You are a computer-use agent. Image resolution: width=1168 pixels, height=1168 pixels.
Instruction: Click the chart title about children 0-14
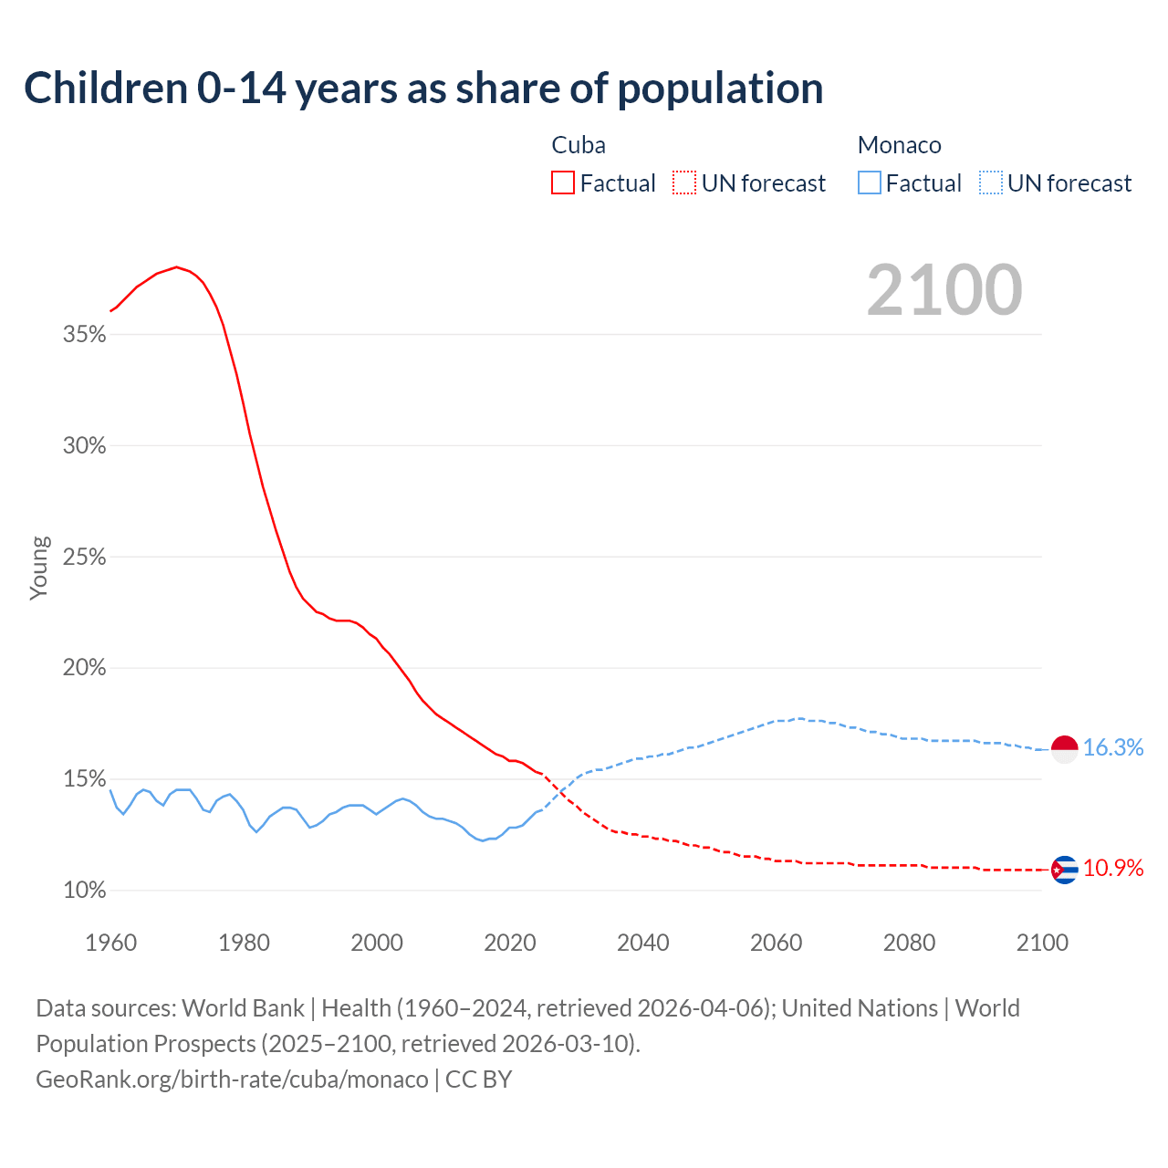[x=423, y=89]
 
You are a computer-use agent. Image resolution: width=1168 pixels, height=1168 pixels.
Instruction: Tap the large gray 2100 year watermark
[x=944, y=290]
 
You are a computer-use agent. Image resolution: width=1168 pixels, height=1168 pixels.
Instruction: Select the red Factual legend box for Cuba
[x=563, y=183]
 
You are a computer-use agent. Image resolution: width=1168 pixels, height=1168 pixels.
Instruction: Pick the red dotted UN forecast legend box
[x=684, y=183]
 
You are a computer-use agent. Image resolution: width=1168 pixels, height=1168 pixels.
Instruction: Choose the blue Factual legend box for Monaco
[x=870, y=183]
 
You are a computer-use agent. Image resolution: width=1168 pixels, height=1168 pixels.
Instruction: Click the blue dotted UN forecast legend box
[x=990, y=183]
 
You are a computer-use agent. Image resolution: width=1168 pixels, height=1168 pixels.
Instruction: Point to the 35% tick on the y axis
[x=85, y=335]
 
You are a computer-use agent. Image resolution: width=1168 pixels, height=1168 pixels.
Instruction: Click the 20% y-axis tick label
[x=85, y=668]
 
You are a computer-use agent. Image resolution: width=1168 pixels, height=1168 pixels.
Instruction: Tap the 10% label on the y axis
[x=85, y=891]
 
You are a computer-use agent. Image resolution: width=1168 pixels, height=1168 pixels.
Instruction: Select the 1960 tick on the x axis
[x=110, y=943]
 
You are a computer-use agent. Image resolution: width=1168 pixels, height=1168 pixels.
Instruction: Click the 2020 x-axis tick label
[x=510, y=943]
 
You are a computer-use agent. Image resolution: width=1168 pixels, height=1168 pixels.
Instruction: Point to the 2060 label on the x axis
[x=776, y=943]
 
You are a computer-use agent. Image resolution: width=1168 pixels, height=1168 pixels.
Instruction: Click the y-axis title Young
[x=38, y=568]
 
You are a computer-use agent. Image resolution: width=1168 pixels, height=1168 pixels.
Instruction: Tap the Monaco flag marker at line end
[x=1064, y=748]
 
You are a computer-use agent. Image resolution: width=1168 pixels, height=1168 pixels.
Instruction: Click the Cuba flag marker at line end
[x=1064, y=870]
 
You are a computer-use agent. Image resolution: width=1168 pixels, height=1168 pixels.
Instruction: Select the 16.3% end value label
[x=1113, y=748]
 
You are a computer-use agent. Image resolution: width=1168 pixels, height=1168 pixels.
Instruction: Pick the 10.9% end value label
[x=1113, y=869]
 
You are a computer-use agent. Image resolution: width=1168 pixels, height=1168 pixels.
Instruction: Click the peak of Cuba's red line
[x=176, y=267]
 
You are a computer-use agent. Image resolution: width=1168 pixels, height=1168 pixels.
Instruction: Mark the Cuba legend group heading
[x=579, y=145]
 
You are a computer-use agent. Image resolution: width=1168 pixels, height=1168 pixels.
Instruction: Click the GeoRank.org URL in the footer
[x=232, y=1079]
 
